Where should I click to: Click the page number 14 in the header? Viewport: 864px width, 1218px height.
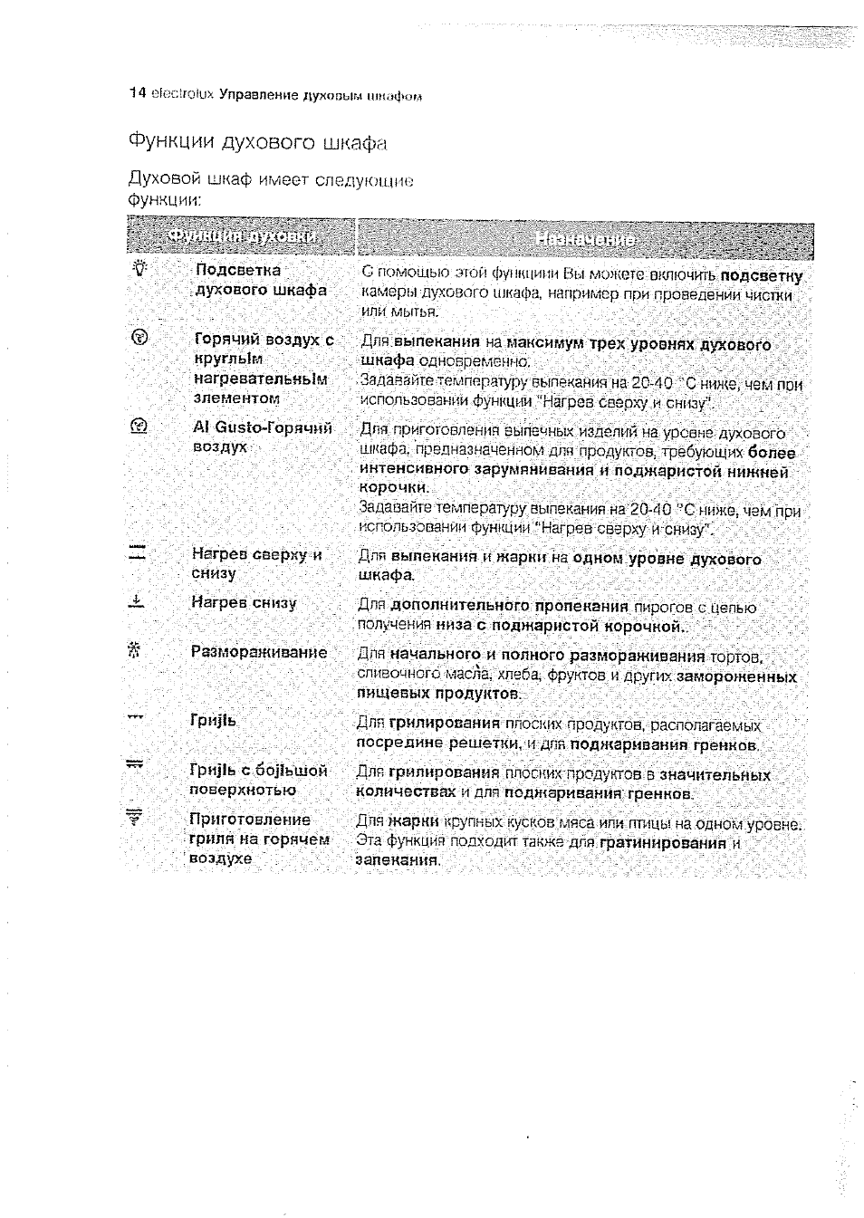pos(137,93)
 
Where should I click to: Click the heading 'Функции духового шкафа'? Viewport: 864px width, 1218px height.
pos(257,143)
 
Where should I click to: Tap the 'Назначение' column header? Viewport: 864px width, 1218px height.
pos(585,240)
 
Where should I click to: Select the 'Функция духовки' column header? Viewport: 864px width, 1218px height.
pos(242,238)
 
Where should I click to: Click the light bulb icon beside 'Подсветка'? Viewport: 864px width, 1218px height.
pos(139,269)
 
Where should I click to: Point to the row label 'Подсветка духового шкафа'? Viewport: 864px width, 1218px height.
pos(260,280)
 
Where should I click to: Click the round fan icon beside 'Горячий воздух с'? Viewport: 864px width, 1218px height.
pos(139,339)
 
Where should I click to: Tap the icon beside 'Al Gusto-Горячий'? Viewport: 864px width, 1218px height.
pos(139,426)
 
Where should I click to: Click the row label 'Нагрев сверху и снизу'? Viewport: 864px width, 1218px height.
pos(255,563)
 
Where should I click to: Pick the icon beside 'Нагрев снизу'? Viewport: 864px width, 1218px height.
pos(137,601)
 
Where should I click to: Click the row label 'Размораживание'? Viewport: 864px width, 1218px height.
pos(258,652)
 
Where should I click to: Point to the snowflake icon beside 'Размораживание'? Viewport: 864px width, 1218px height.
pos(137,650)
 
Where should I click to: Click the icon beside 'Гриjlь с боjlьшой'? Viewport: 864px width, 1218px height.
pos(136,767)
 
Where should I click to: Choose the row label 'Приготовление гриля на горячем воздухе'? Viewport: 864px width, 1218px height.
pos(257,839)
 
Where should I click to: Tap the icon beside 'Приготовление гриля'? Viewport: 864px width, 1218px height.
pos(136,819)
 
